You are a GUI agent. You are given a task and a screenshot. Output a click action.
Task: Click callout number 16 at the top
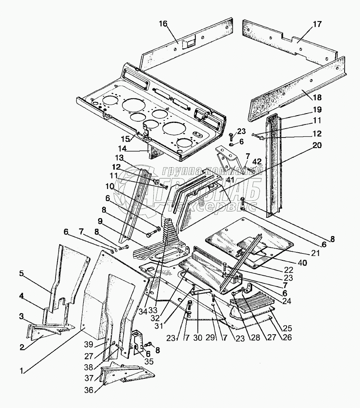tap(163, 24)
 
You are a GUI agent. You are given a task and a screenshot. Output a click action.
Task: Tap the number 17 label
tap(317, 24)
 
